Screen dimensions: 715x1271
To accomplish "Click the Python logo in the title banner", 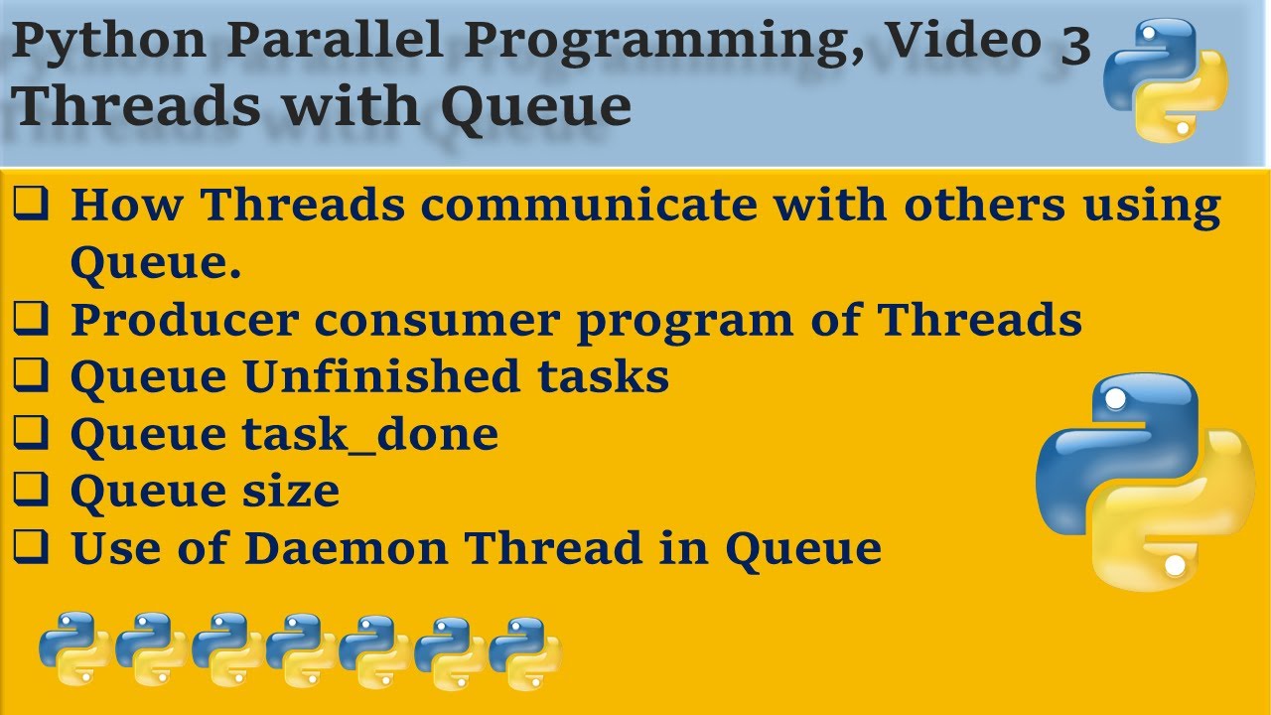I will click(1166, 79).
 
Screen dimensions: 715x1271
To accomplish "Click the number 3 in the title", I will click(1074, 45).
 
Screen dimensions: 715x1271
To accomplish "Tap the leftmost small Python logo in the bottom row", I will click(71, 651).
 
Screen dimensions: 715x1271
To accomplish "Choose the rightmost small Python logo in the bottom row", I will click(524, 651).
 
